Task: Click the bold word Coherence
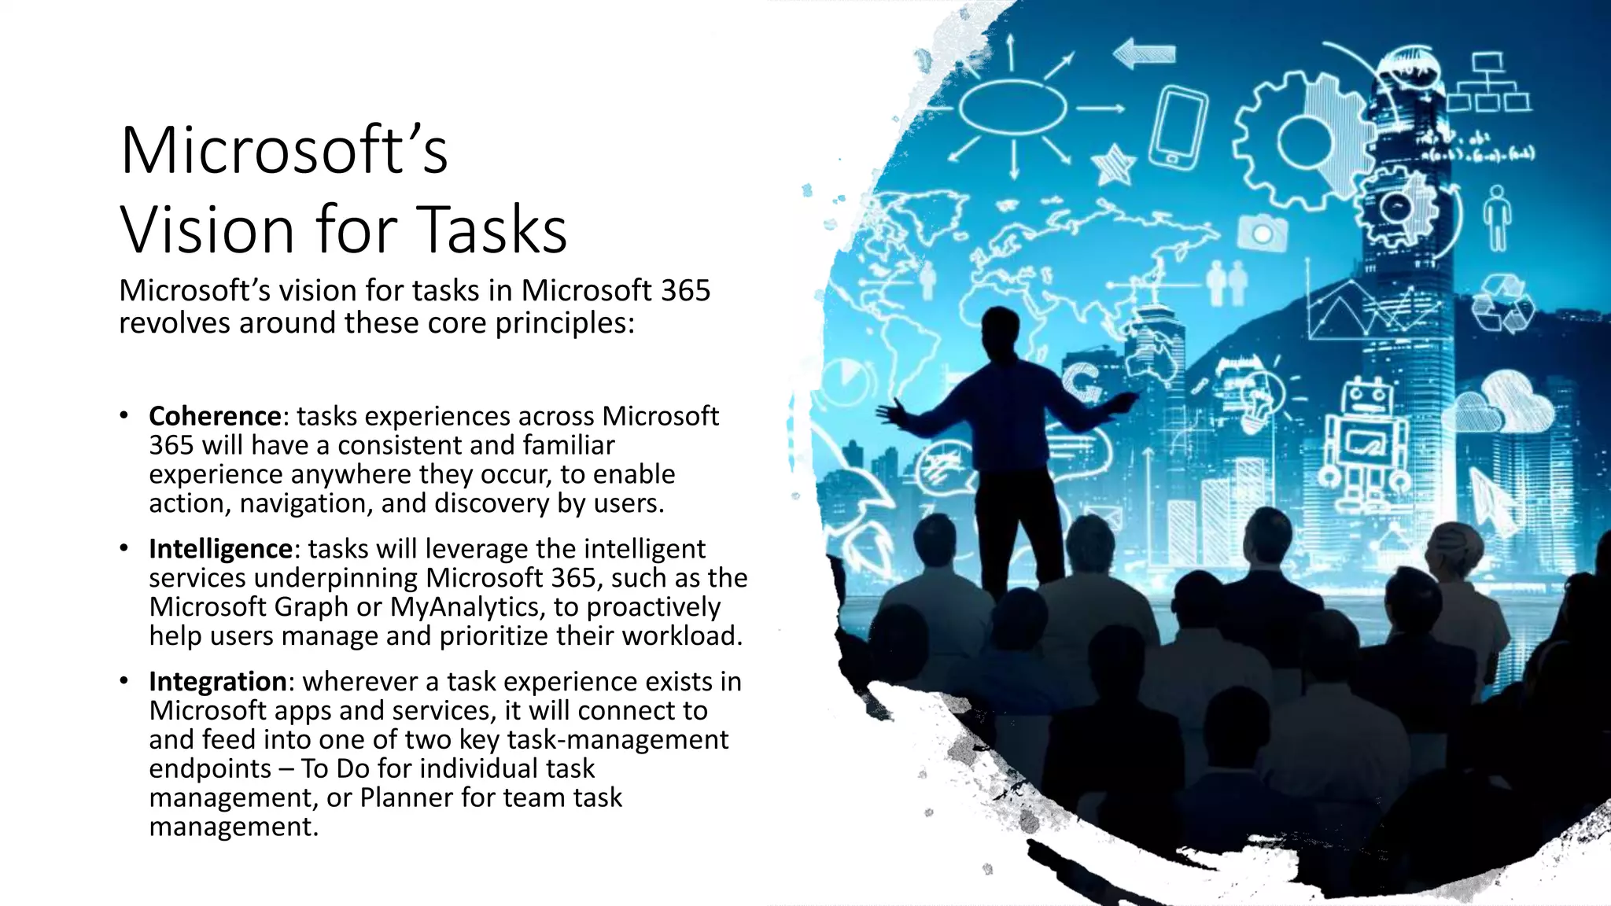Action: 215,416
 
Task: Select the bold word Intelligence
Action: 220,549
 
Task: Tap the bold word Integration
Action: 218,682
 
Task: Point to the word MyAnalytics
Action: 464,607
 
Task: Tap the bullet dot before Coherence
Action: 124,414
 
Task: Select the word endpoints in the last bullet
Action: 210,769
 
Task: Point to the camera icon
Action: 1262,233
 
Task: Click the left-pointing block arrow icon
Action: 1144,54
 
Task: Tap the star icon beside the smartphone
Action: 1112,165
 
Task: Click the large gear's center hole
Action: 1303,142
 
